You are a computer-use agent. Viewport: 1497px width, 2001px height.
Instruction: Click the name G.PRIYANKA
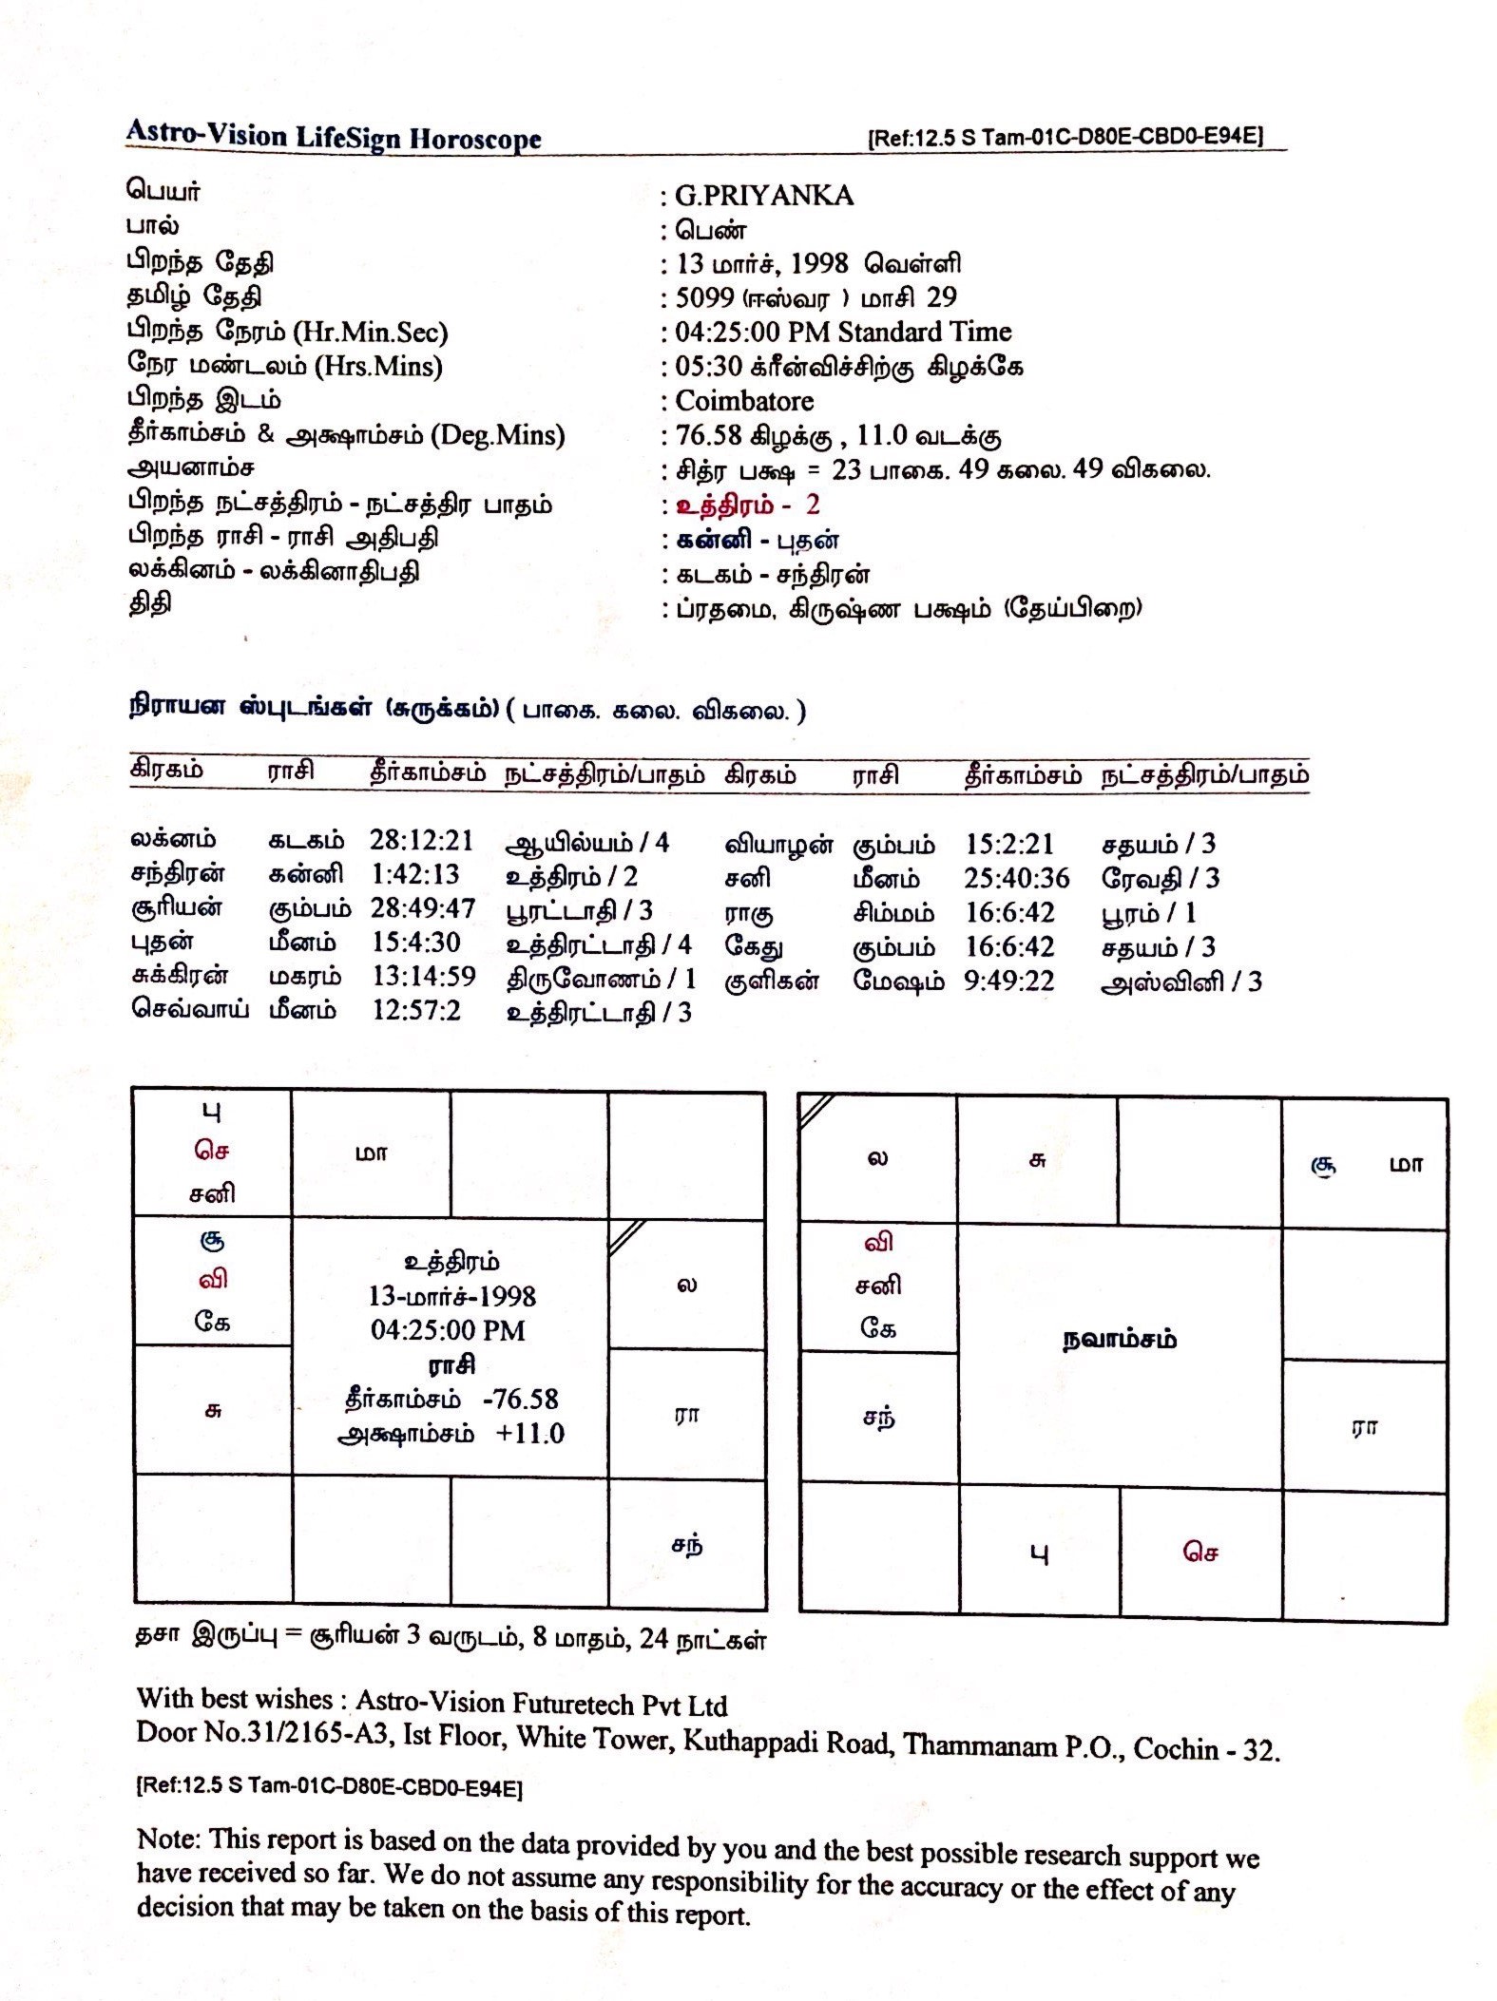(x=764, y=196)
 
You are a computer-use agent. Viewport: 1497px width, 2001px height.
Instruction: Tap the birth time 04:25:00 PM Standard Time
(x=843, y=332)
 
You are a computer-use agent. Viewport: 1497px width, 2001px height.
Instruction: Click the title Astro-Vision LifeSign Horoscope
(x=334, y=137)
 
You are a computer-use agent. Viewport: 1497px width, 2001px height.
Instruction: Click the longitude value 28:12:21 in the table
(x=421, y=840)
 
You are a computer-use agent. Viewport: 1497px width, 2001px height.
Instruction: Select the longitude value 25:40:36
(x=1017, y=878)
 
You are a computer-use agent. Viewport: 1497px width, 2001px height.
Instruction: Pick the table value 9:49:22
(x=1009, y=981)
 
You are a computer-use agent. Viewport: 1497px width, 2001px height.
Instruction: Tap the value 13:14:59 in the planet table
(x=424, y=977)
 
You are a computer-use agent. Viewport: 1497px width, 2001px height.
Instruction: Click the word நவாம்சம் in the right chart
(x=1119, y=1340)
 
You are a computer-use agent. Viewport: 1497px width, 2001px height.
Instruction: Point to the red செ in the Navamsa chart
(x=1200, y=1552)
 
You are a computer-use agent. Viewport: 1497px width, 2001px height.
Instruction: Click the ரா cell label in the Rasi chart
(x=686, y=1414)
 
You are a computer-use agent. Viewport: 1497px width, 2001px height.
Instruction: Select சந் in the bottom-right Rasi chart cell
(x=687, y=1544)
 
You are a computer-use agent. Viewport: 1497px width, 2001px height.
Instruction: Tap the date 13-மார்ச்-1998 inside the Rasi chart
(x=451, y=1296)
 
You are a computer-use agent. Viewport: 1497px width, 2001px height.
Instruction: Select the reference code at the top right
(x=1065, y=136)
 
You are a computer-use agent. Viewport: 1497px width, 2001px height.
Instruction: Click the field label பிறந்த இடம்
(x=204, y=399)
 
